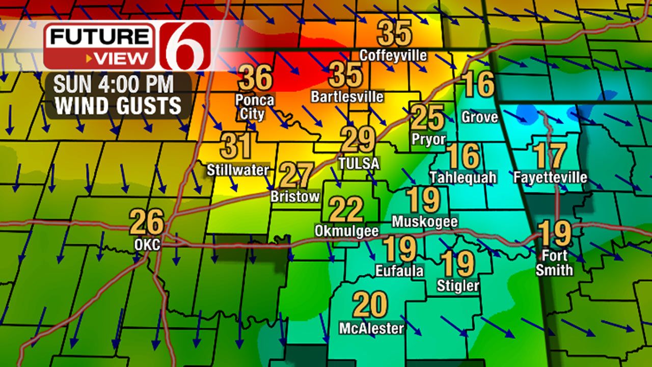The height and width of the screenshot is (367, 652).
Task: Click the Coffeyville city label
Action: [x=393, y=55]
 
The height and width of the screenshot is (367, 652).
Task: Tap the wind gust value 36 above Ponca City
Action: [x=255, y=78]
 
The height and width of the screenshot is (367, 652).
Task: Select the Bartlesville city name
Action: [x=347, y=96]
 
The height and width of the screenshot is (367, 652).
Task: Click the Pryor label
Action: [x=428, y=139]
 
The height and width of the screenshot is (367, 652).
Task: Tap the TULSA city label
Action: [x=359, y=163]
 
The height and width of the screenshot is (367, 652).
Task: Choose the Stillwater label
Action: [x=237, y=170]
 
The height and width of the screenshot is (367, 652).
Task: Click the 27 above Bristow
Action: [x=296, y=175]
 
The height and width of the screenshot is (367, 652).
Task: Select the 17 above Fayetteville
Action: [x=550, y=155]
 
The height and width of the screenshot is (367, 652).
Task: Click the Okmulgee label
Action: [x=346, y=231]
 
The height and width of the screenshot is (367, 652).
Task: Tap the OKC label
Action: [x=147, y=245]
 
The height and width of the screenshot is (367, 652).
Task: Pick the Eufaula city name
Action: [x=399, y=270]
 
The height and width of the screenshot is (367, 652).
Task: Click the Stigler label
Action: [x=458, y=286]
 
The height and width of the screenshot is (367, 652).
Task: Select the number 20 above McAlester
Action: [x=370, y=305]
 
